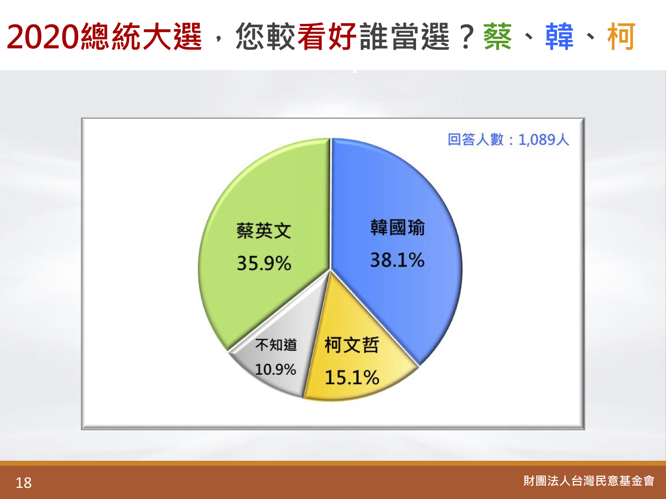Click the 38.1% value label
click(397, 260)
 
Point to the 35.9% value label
click(264, 263)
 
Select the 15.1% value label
click(352, 377)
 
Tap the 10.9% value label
click(276, 369)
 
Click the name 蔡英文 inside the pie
click(264, 231)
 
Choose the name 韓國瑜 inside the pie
click(397, 228)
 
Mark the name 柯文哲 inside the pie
click(352, 345)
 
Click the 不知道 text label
click(276, 345)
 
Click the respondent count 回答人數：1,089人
click(508, 140)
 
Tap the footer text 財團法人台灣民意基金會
click(589, 481)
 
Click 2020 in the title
click(43, 37)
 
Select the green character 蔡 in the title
click(498, 36)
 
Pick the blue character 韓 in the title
click(559, 36)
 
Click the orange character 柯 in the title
click(621, 36)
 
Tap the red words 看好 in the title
click(327, 36)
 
